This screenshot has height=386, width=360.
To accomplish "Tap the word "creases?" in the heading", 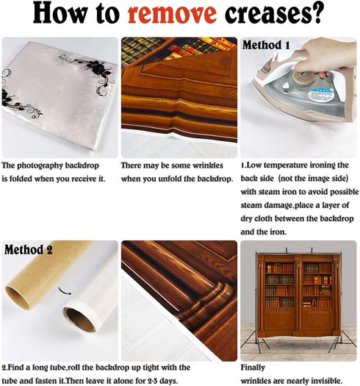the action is click(273, 12).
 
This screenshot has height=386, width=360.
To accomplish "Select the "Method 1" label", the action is click(266, 46).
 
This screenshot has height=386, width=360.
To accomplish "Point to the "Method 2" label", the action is click(29, 250).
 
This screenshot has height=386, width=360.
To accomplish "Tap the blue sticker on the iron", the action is click(322, 96).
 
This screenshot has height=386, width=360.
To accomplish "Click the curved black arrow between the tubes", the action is click(65, 290).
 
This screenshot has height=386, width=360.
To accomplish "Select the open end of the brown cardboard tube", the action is click(18, 298).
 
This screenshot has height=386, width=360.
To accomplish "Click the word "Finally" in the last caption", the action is click(253, 368).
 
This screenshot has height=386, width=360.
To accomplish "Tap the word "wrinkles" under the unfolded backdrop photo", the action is click(208, 165).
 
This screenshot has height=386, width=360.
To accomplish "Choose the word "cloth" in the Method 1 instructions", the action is click(263, 218).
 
